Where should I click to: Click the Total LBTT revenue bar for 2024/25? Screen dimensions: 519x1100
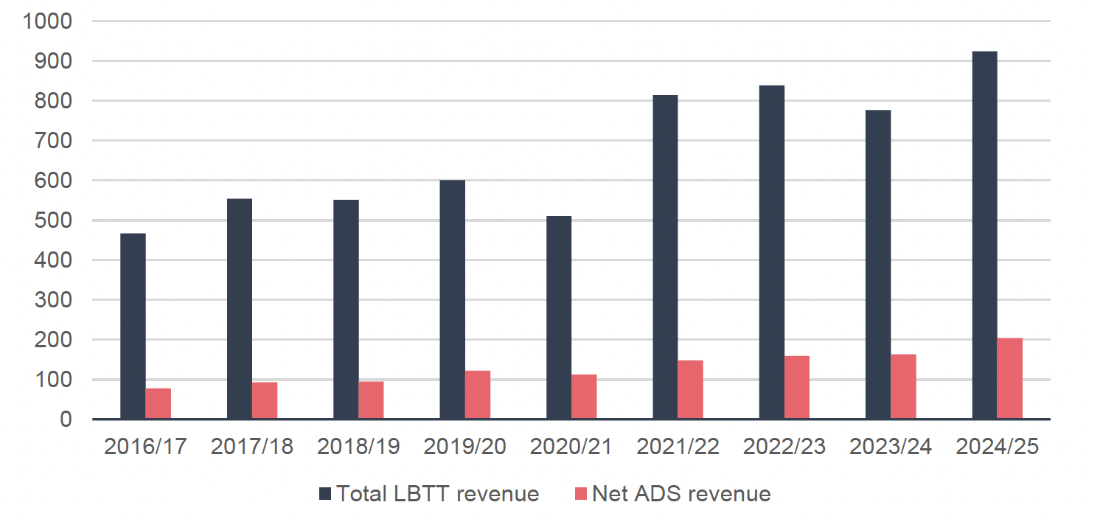984,235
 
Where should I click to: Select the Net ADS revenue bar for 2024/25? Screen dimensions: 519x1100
1009,379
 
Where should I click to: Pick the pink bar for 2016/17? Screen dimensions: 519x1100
158,403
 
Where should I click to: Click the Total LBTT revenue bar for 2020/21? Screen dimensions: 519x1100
558,318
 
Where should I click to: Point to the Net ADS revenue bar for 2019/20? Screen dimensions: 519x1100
477,394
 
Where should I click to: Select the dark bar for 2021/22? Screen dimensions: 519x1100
665,257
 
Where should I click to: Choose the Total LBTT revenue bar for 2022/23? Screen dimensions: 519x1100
771,252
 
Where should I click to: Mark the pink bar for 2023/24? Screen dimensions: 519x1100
903,386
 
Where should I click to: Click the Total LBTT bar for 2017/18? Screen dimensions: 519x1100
239,309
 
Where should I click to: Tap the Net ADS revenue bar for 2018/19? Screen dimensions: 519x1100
371,400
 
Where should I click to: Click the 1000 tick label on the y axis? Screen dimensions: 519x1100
47,21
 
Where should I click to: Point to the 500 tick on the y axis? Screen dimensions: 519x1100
54,220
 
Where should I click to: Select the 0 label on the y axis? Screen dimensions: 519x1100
66,419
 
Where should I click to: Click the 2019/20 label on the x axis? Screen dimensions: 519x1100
464,447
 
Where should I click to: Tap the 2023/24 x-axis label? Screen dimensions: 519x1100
891,447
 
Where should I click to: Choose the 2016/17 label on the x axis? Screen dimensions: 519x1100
145,447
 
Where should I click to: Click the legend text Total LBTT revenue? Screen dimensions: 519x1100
437,493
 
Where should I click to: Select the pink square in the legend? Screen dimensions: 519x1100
580,493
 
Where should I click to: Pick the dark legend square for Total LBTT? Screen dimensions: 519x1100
325,493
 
